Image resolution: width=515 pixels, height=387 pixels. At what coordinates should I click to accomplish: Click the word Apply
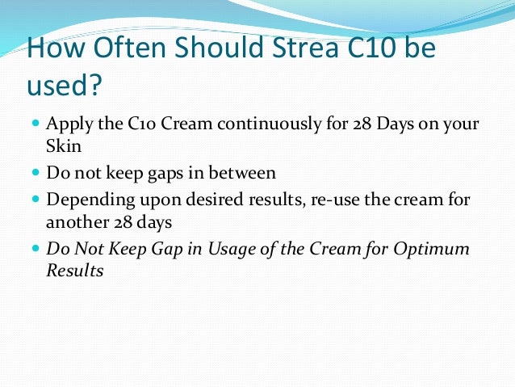click(67, 126)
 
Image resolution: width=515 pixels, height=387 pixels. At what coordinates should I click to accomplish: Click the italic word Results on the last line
click(75, 270)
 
